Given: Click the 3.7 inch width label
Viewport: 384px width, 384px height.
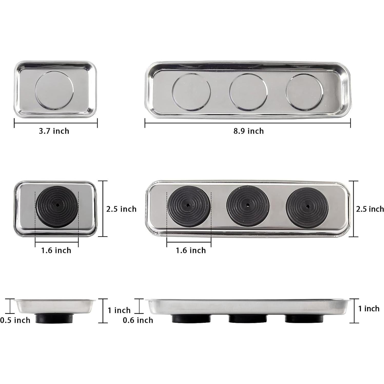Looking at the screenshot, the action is click(x=54, y=131).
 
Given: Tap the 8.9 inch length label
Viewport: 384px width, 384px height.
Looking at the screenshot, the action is click(x=249, y=131).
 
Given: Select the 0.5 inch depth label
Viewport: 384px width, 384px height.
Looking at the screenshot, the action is click(x=15, y=320).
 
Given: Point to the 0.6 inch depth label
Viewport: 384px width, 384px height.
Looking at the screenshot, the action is click(x=138, y=320).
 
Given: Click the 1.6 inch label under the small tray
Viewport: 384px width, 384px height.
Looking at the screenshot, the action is click(x=56, y=250).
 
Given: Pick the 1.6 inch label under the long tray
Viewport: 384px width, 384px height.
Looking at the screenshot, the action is click(x=191, y=250).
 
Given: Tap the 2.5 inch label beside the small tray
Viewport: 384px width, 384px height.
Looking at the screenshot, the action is click(x=121, y=209).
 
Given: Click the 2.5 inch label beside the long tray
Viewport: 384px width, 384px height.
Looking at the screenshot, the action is click(x=370, y=209).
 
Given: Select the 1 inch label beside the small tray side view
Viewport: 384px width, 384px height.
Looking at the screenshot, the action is click(x=119, y=310).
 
